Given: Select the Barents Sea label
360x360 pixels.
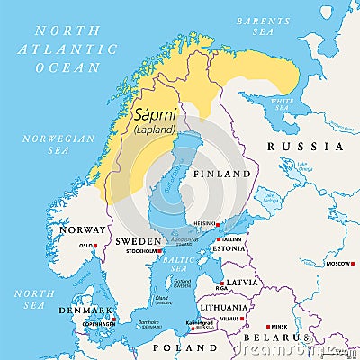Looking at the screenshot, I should [x=256, y=25].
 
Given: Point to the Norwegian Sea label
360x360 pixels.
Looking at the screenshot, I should [x=72, y=144].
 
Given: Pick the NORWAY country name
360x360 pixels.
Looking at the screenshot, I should [x=82, y=229].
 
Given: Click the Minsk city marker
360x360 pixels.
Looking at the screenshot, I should [x=267, y=327].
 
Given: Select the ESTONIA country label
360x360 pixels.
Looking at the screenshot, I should [x=229, y=248].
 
